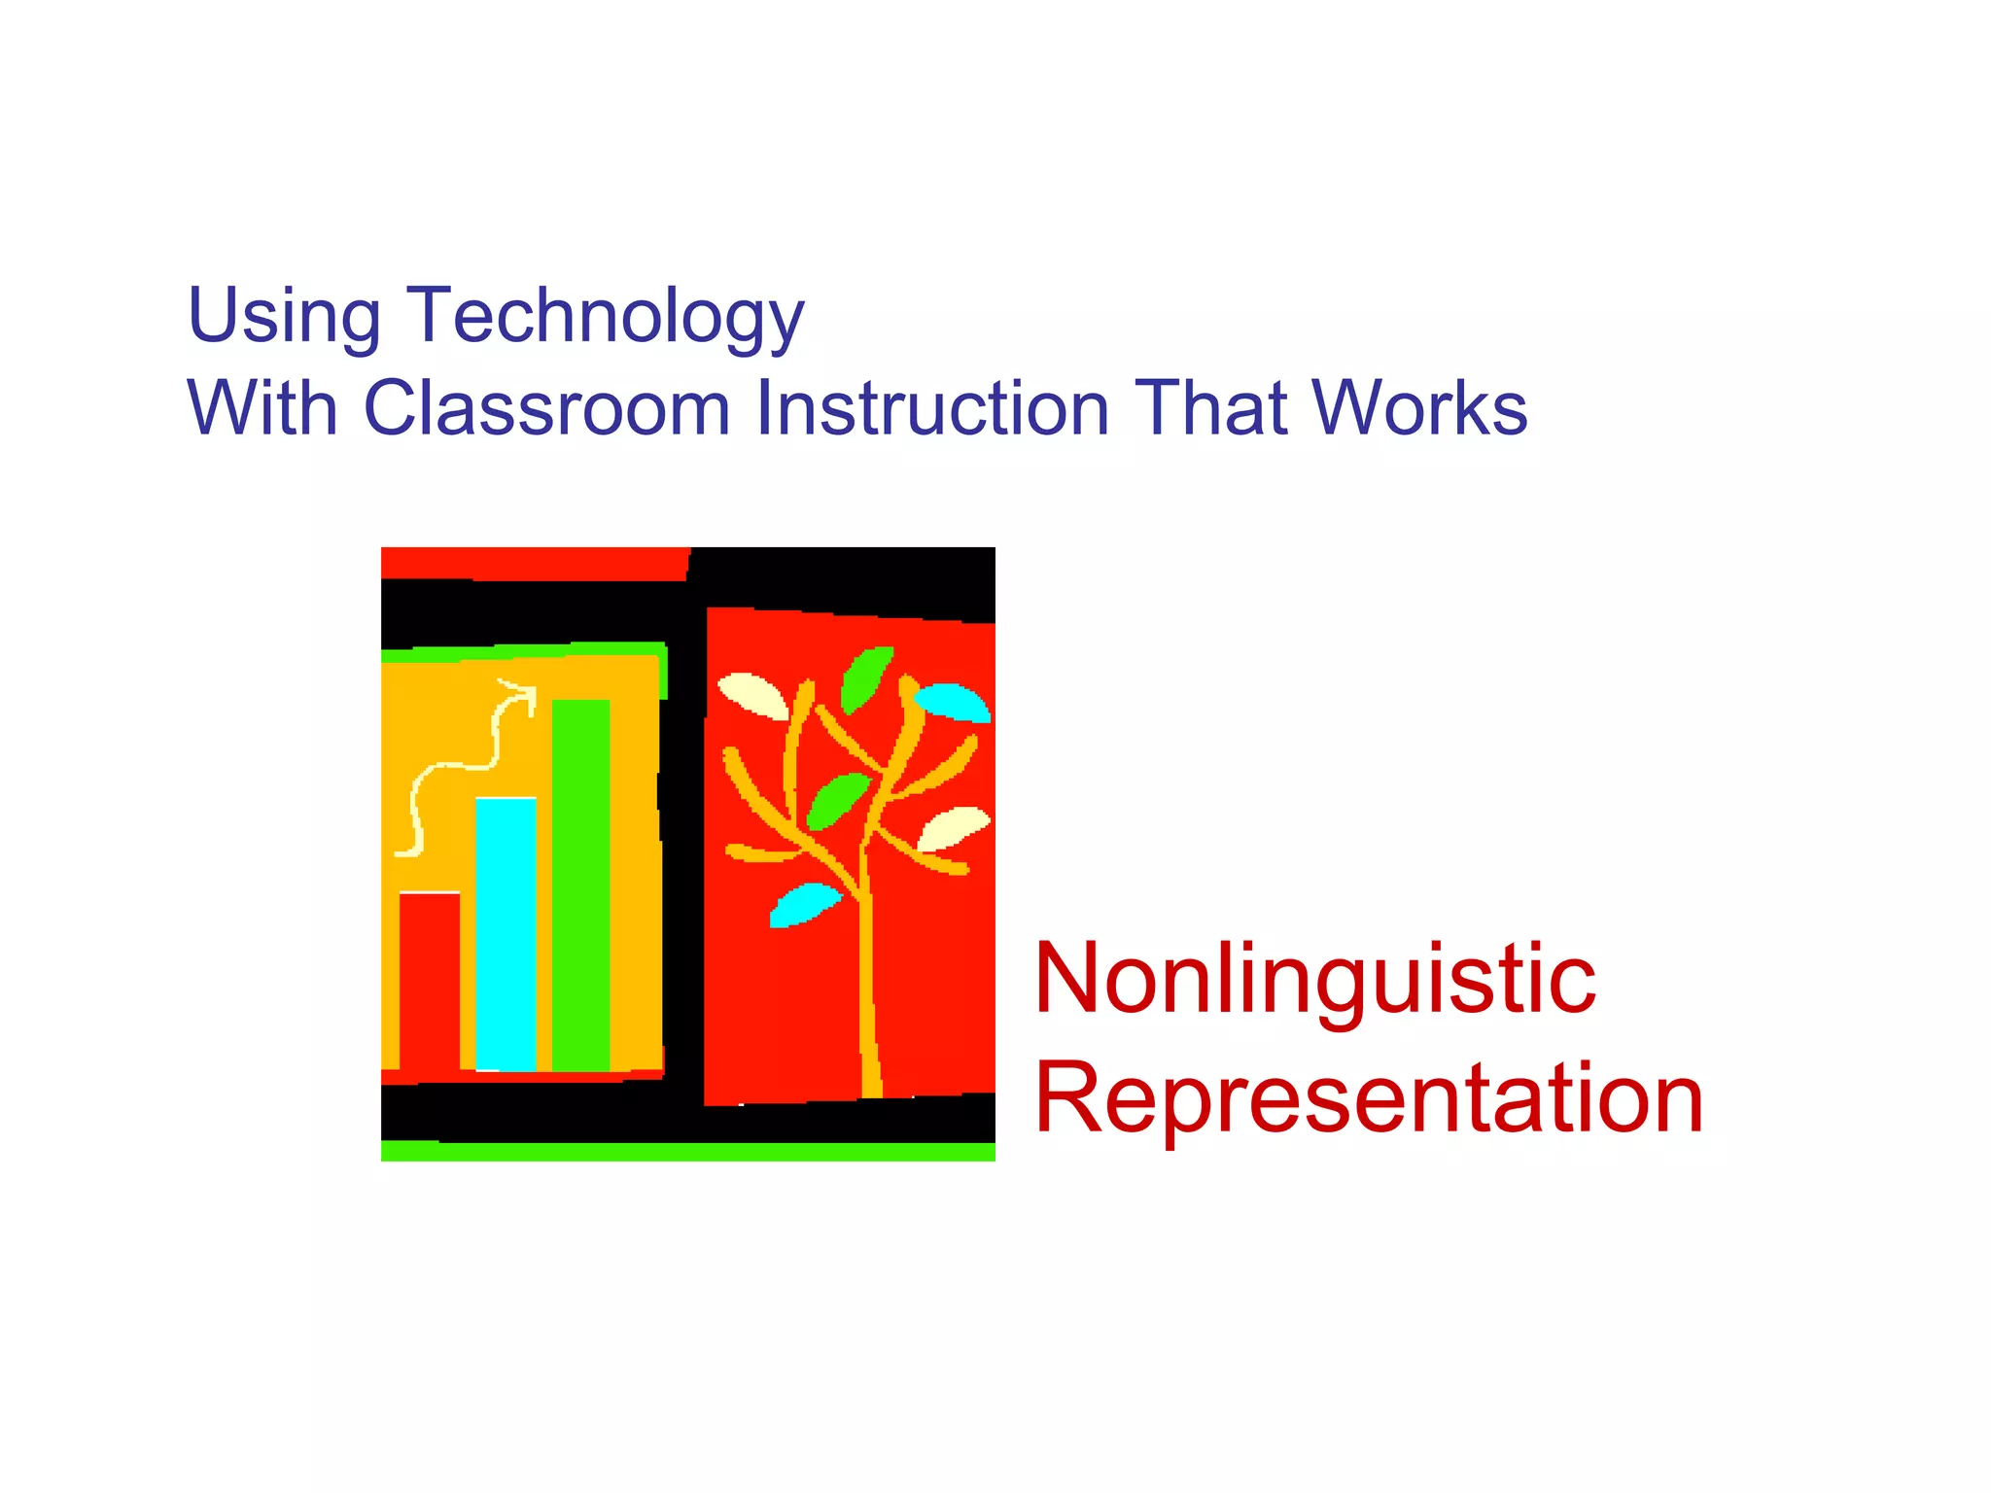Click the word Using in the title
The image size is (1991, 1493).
tap(284, 316)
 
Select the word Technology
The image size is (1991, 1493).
tap(605, 316)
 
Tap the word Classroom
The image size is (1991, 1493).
tap(546, 408)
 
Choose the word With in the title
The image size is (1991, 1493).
tap(262, 408)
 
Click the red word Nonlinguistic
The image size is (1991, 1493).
tap(1314, 980)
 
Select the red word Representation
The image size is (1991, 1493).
tap(1369, 1098)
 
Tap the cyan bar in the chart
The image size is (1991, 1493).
tap(506, 933)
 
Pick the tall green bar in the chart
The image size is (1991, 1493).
tap(580, 885)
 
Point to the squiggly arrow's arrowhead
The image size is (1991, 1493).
tap(525, 694)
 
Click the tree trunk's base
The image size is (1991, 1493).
tap(871, 1079)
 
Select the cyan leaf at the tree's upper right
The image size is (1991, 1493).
tap(954, 702)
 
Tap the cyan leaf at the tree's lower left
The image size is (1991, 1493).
tap(803, 904)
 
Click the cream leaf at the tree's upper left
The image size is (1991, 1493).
tap(752, 695)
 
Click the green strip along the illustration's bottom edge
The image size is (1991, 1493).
tap(687, 1152)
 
